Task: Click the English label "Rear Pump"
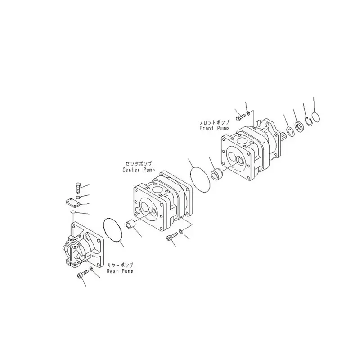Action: coord(120,271)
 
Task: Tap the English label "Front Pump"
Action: coord(214,128)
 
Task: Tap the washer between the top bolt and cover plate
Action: coord(79,197)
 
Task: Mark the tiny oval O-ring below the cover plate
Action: coord(73,212)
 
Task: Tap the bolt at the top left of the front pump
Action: coord(240,116)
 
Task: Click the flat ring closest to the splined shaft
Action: coord(291,132)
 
